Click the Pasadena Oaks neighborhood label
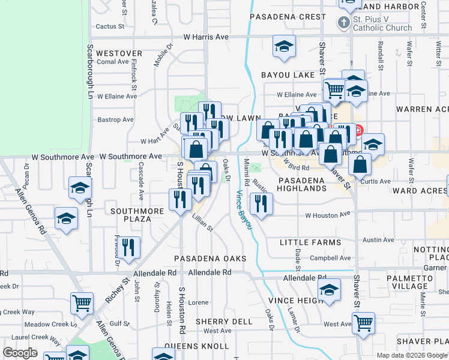tap(210, 258)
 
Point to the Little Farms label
tap(310, 242)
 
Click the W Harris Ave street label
tap(206, 37)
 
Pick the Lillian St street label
tap(202, 223)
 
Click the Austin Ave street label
tap(378, 239)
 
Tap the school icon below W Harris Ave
tap(284, 47)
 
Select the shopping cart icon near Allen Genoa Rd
tap(82, 302)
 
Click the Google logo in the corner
tap(20, 353)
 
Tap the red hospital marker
tap(358, 130)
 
